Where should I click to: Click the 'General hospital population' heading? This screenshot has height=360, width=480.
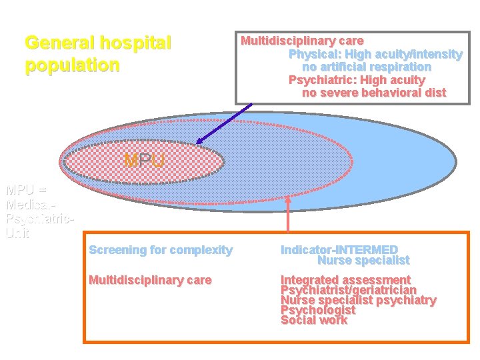click(98, 54)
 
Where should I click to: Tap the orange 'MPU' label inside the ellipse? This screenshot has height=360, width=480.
click(144, 161)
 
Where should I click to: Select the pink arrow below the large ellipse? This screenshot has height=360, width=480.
click(288, 213)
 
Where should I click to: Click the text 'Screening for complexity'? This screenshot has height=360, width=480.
click(161, 250)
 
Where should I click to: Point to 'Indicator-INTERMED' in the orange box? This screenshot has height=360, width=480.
click(339, 250)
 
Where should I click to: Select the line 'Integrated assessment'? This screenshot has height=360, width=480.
click(345, 280)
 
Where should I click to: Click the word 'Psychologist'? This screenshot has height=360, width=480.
click(317, 310)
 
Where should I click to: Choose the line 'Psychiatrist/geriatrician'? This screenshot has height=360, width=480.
click(348, 290)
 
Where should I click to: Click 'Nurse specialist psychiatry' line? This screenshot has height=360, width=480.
click(358, 300)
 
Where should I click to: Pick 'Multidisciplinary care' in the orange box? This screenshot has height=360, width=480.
click(150, 280)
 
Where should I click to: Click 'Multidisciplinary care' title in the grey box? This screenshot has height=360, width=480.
click(301, 41)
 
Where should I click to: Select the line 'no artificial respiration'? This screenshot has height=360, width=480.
click(366, 67)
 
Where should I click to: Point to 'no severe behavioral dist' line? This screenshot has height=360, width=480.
click(373, 93)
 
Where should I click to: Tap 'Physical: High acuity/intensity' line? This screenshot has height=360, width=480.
click(375, 54)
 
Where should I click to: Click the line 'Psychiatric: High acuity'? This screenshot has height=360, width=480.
click(356, 80)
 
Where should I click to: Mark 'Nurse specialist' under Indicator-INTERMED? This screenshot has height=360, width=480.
click(363, 261)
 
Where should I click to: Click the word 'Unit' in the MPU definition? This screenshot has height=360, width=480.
click(17, 233)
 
